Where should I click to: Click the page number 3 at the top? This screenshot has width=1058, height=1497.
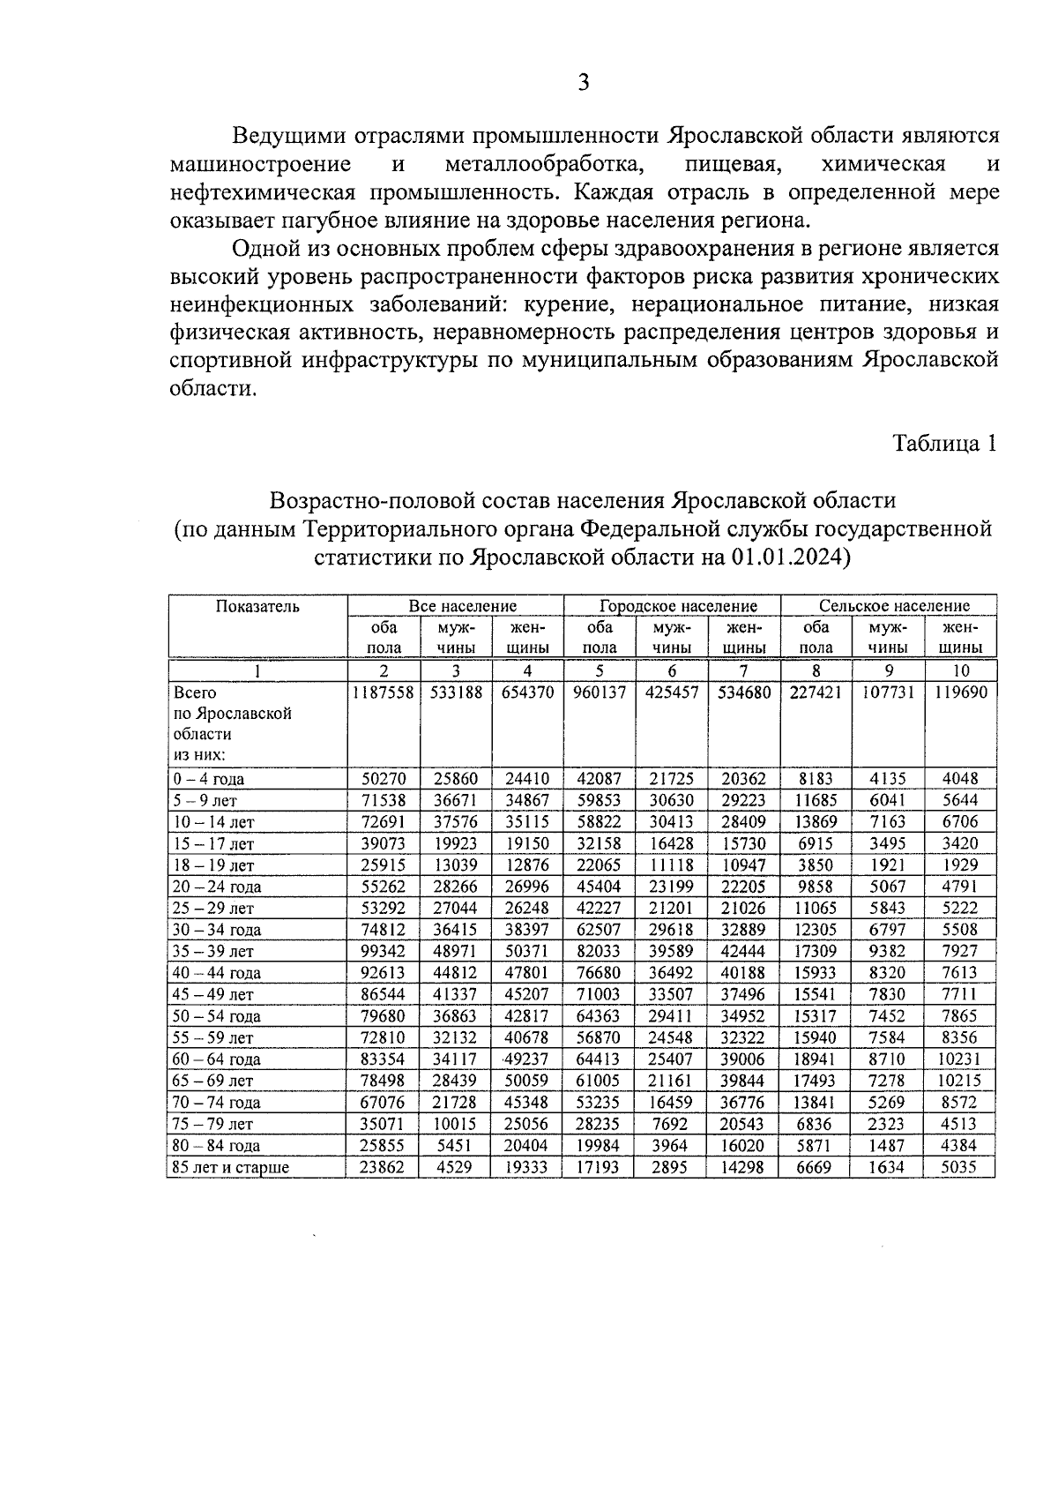click(x=583, y=83)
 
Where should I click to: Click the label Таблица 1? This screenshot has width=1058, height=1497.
click(x=944, y=443)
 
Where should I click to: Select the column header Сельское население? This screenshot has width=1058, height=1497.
click(x=894, y=606)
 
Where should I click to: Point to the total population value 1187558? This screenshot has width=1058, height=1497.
click(x=384, y=692)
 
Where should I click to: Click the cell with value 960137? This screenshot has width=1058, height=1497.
click(x=600, y=692)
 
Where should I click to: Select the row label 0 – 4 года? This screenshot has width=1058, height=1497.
click(x=209, y=780)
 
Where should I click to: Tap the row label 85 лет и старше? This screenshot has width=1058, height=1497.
click(x=231, y=1168)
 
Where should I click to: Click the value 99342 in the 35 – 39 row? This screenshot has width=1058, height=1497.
click(x=384, y=952)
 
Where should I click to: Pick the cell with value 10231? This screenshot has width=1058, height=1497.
click(x=961, y=1059)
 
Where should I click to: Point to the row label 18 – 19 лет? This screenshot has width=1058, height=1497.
click(x=212, y=865)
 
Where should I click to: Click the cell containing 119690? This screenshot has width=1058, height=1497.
click(x=961, y=692)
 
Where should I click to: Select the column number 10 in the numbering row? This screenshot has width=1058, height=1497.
click(x=961, y=671)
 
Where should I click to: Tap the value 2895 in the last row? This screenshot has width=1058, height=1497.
click(x=672, y=1168)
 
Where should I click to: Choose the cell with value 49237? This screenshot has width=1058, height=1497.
click(x=527, y=1059)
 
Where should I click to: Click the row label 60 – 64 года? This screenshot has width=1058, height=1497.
click(x=216, y=1059)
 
